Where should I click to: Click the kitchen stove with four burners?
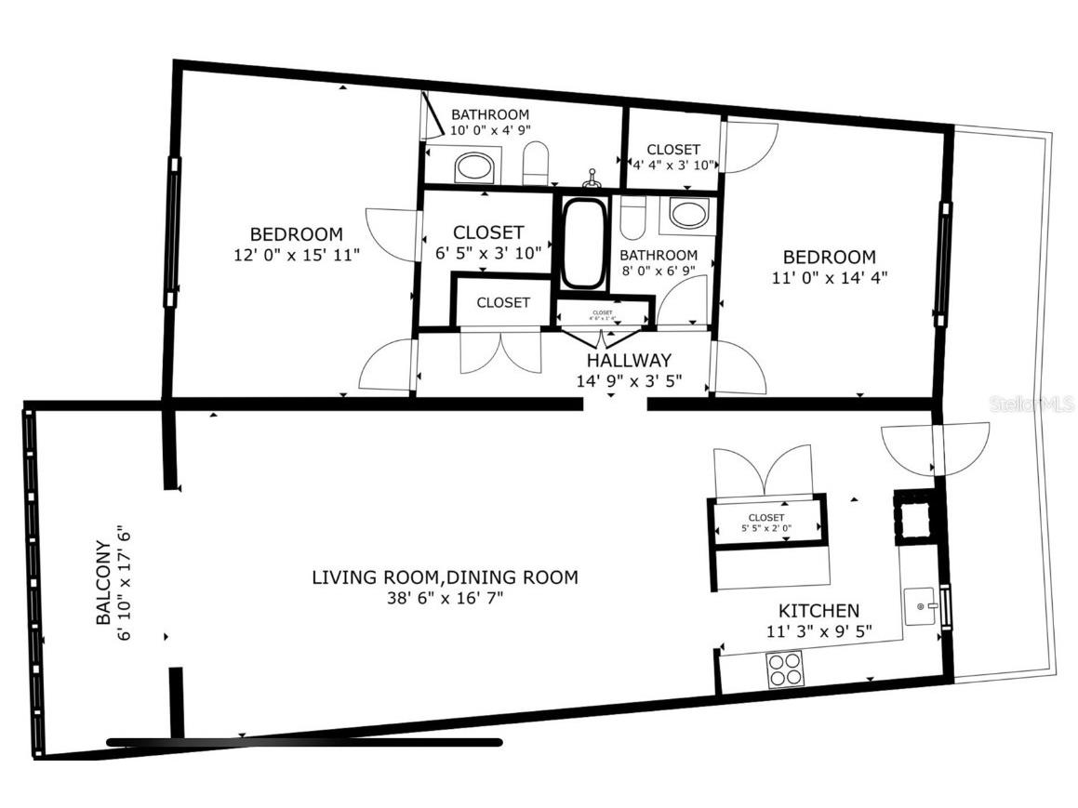click(783, 669)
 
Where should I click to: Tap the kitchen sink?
click(923, 606)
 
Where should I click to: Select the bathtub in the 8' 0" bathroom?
click(582, 244)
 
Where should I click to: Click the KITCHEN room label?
click(818, 611)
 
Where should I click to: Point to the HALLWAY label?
click(629, 360)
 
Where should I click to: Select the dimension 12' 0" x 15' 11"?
click(296, 255)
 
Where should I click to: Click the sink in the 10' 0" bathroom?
click(474, 168)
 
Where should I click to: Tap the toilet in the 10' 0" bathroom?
click(537, 166)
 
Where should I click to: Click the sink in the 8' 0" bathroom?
click(689, 214)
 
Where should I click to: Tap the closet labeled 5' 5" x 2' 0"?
click(766, 523)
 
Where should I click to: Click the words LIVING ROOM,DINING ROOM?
click(445, 577)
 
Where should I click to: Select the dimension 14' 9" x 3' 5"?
click(629, 380)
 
